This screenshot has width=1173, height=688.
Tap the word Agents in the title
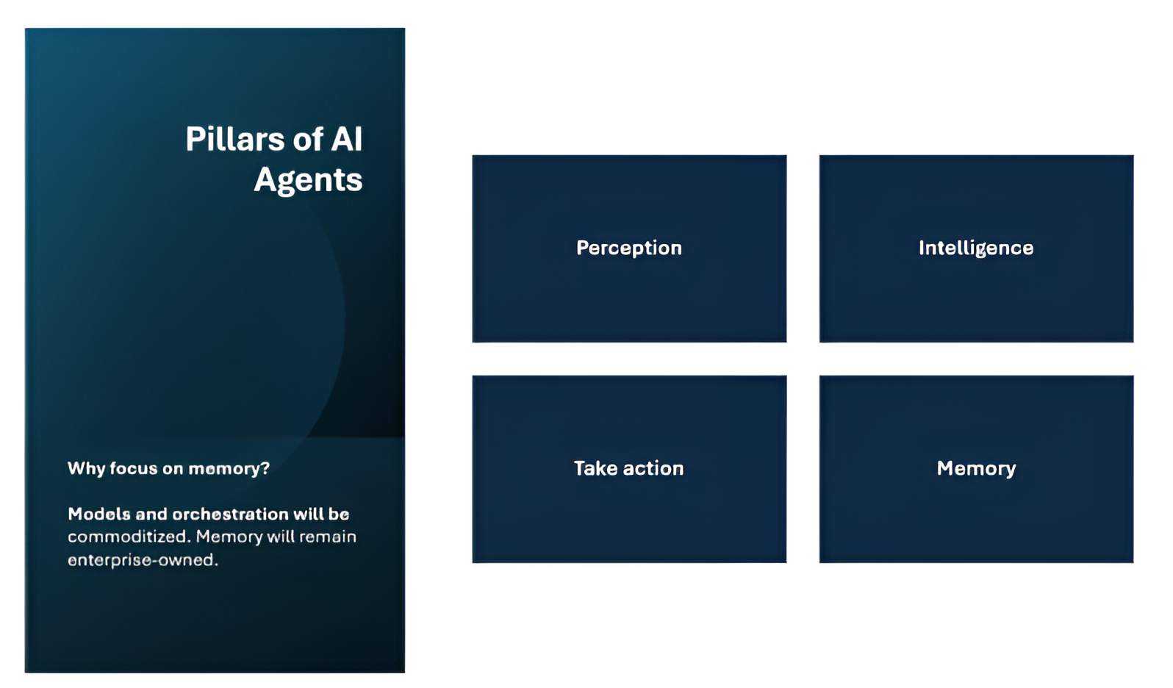pyautogui.click(x=308, y=181)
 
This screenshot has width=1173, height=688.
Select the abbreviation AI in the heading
pyautogui.click(x=346, y=139)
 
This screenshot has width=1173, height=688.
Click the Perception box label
pyautogui.click(x=629, y=248)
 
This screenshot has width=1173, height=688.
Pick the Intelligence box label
pyautogui.click(x=976, y=248)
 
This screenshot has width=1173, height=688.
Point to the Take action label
pyautogui.click(x=629, y=468)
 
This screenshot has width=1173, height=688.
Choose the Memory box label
pyautogui.click(x=976, y=469)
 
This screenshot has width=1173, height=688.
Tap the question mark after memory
pyautogui.click(x=265, y=467)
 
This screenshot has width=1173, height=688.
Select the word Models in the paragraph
pyautogui.click(x=99, y=514)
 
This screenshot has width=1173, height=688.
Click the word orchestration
pyautogui.click(x=231, y=514)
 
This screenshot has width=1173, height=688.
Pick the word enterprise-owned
pyautogui.click(x=143, y=559)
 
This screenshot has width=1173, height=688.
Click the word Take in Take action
pyautogui.click(x=595, y=468)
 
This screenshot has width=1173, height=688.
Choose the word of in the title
pyautogui.click(x=308, y=139)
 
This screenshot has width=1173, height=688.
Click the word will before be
pyautogui.click(x=308, y=514)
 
